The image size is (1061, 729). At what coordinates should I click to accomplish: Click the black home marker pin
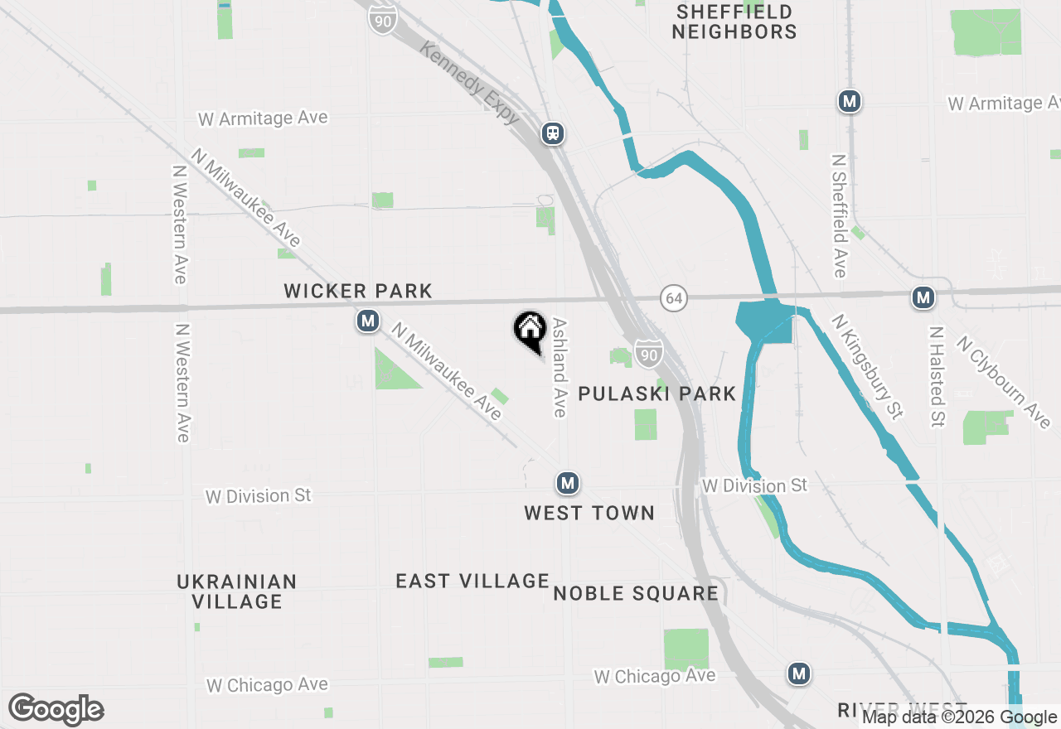point(530,331)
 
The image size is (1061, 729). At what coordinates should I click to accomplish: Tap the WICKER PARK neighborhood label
point(358,291)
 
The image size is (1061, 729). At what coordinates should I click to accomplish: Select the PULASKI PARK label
point(656,393)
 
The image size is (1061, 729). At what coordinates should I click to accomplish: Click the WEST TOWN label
point(589,514)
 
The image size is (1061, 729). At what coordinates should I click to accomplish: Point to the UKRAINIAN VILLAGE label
point(237,591)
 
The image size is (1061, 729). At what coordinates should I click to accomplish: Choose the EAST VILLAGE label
point(472,582)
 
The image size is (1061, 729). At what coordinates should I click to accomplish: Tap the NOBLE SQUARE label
point(636,593)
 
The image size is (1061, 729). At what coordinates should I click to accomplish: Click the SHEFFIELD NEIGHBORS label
point(734,22)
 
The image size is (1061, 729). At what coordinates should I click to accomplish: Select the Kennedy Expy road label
point(470,84)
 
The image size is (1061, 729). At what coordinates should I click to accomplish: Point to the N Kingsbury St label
point(868,366)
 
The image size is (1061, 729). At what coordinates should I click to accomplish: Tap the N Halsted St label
point(937,376)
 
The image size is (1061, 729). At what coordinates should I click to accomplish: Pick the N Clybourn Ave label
point(1004,382)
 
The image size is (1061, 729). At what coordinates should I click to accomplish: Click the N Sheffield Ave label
point(839,215)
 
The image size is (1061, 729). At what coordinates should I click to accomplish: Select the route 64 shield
point(675,298)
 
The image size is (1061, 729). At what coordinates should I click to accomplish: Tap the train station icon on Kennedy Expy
point(553,133)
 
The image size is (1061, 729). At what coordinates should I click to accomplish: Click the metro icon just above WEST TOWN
point(567,482)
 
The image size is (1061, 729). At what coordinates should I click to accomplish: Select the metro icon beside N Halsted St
point(923,297)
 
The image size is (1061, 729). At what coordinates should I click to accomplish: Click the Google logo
point(56,710)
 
